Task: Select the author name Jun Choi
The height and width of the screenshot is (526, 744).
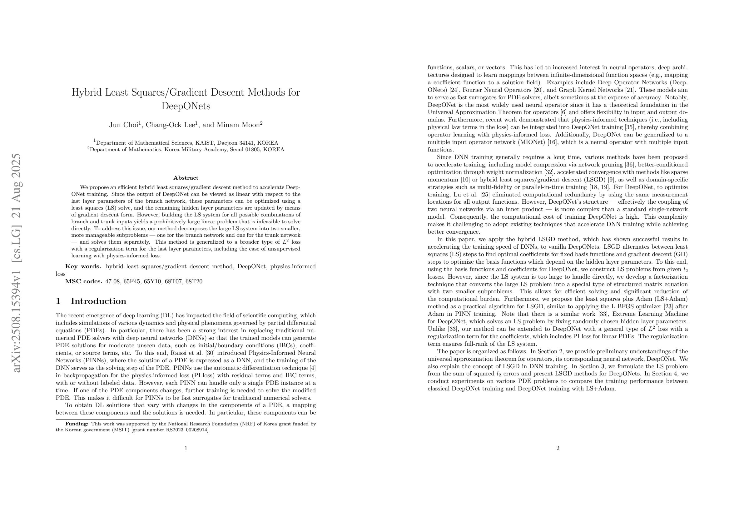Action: click(x=123, y=125)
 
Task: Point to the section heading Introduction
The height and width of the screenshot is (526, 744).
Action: click(x=98, y=301)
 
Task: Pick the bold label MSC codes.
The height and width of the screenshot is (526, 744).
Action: click(x=84, y=281)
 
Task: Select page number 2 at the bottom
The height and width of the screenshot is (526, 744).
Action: click(x=558, y=449)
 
